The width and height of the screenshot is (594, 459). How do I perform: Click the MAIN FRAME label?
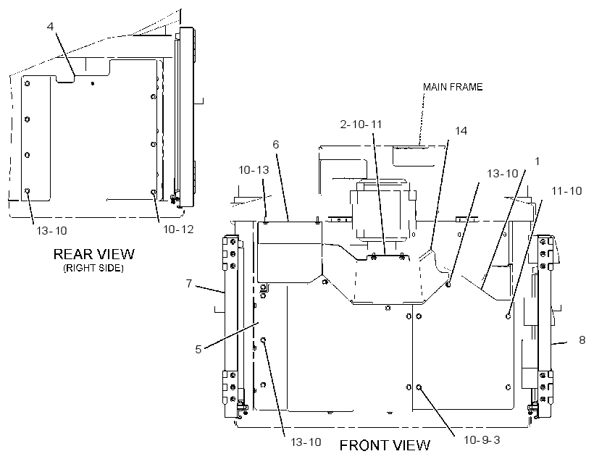pos(453,87)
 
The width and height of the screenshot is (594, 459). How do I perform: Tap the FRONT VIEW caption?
pos(385,445)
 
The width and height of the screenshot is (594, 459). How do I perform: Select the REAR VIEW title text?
pos(94,253)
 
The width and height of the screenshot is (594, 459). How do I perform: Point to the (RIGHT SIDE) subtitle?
pos(93,268)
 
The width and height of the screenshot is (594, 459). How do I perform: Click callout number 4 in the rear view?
pos(51,27)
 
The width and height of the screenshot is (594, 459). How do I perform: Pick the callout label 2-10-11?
pos(361,125)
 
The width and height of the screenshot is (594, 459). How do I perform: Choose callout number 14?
pos(461,130)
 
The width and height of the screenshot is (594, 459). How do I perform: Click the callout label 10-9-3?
pos(482,439)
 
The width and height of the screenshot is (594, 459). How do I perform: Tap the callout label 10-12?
pos(178,229)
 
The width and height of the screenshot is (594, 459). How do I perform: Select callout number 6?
pos(276,144)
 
